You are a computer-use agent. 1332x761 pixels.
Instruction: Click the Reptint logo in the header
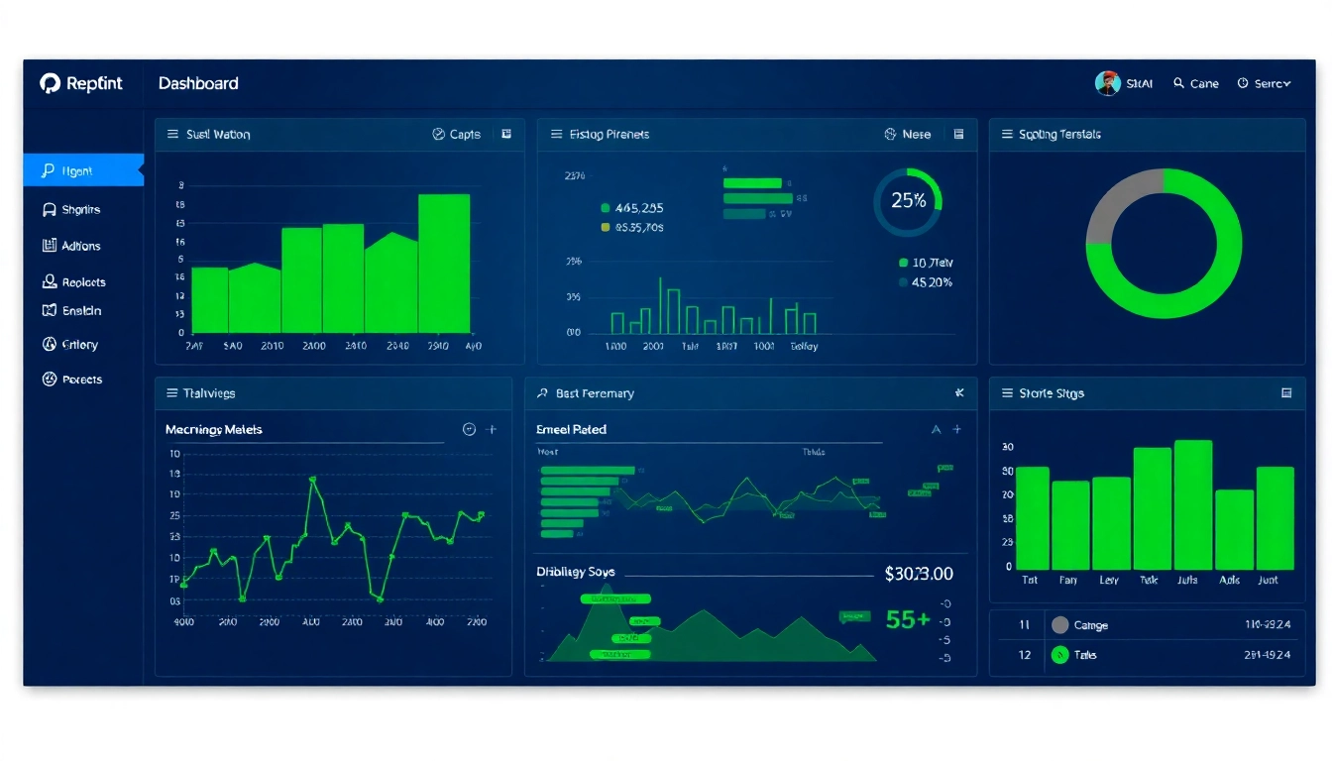click(81, 84)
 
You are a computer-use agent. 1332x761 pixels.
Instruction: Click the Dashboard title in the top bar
click(198, 84)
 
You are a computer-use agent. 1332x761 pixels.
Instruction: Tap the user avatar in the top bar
click(1107, 83)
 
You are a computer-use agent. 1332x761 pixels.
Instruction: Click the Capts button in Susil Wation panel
click(457, 135)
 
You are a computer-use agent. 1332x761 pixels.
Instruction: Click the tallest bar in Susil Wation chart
click(443, 264)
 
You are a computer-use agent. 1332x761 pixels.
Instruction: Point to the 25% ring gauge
click(908, 201)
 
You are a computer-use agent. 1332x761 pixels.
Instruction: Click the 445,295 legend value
click(638, 208)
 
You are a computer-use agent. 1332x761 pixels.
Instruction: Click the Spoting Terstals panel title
click(1058, 135)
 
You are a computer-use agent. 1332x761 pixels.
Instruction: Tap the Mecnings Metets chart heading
click(213, 430)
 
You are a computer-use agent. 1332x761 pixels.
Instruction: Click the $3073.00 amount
click(918, 574)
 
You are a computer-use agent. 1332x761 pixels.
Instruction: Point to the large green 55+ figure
click(907, 620)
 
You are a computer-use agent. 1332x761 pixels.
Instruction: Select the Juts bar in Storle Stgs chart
click(1192, 505)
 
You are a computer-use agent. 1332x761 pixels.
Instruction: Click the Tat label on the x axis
click(1030, 581)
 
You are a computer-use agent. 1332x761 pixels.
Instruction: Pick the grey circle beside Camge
click(1059, 625)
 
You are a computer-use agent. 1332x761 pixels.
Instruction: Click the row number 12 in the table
click(1025, 655)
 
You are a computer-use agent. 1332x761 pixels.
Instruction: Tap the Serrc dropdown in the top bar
click(1265, 84)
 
